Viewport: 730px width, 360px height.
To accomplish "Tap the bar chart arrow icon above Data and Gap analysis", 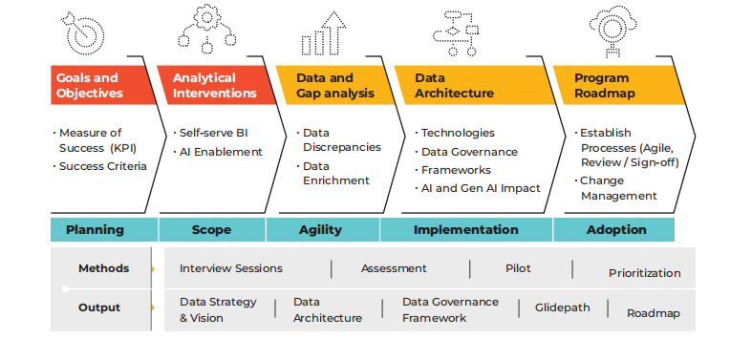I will [x=322, y=33].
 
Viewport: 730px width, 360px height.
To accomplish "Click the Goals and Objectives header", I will [x=89, y=86].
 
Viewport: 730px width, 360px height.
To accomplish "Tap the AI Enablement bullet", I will [x=221, y=152].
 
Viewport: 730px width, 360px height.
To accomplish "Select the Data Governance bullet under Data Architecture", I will [x=469, y=152].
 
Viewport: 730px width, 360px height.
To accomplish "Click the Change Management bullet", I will [x=618, y=188].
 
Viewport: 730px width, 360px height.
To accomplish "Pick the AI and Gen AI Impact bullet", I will [x=481, y=188].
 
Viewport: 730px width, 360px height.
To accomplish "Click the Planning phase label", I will [x=95, y=230].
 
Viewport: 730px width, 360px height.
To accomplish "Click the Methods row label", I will [x=103, y=268].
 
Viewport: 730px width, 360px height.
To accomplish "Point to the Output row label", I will [x=99, y=307].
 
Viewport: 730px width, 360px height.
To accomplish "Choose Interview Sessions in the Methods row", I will [x=231, y=268].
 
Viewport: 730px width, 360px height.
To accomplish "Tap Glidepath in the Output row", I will [x=562, y=307].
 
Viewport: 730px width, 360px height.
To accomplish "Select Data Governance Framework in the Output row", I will [x=450, y=309].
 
